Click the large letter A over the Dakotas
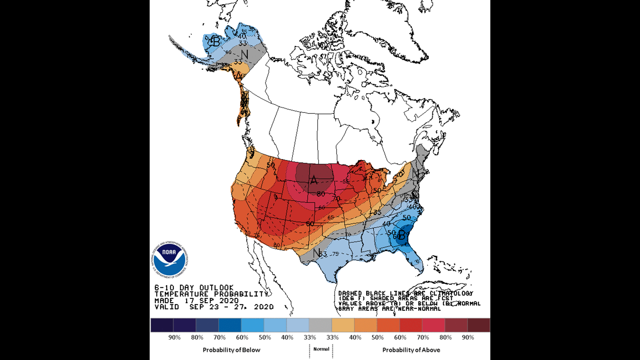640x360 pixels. point(314,180)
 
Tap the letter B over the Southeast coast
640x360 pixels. point(402,235)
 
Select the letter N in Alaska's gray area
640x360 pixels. point(245,54)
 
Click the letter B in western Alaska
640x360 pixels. point(216,42)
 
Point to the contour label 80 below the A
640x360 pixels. point(321,194)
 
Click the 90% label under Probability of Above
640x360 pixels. point(468,337)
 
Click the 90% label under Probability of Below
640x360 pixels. point(174,337)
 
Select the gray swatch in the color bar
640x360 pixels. point(320,325)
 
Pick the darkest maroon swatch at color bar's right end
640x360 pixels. point(479,325)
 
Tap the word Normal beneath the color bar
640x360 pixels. point(321,349)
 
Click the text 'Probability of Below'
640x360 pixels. point(231,350)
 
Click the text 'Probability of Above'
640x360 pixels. point(411,350)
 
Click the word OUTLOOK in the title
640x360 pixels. point(216,288)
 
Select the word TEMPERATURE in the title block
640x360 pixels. point(181,294)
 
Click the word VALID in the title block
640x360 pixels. point(167,307)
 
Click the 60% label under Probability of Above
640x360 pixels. point(400,337)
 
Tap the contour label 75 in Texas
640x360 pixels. point(335,254)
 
